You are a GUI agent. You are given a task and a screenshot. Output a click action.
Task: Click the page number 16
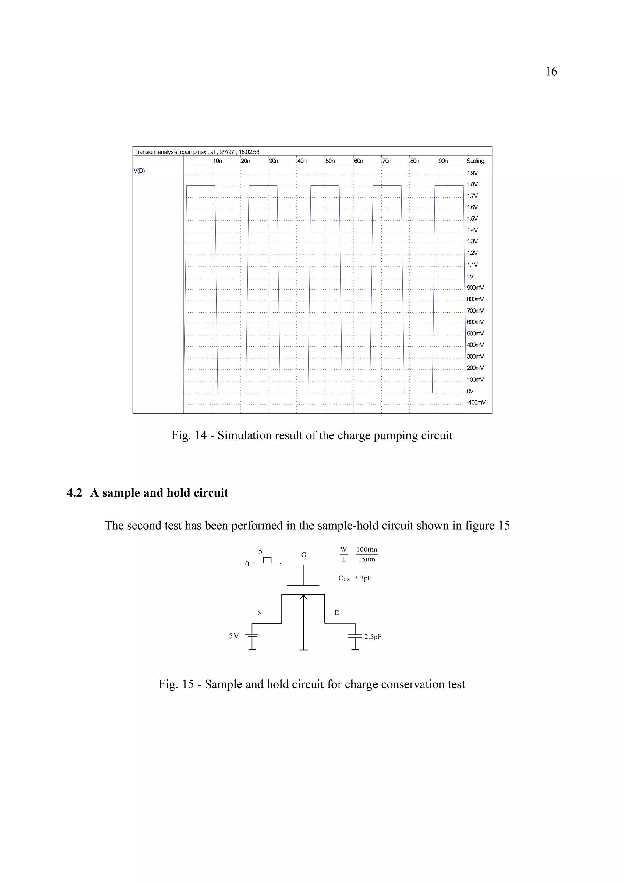(551, 72)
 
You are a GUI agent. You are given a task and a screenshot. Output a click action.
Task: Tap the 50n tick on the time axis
(330, 161)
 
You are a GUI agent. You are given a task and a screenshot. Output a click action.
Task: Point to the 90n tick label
(443, 161)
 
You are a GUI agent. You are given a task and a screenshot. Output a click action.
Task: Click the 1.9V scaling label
(472, 173)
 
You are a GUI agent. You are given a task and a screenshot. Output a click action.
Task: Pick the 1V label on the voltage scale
(470, 276)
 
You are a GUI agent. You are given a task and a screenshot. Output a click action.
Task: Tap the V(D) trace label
(139, 171)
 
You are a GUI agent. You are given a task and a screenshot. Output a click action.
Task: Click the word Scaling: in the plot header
(476, 161)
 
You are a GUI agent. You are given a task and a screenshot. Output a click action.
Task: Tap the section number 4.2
(74, 493)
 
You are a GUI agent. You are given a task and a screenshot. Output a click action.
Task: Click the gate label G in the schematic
(303, 555)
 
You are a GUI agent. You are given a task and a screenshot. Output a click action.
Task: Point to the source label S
(260, 613)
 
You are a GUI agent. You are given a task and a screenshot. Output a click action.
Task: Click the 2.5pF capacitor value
(373, 637)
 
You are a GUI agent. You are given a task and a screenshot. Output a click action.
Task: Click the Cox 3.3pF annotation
(354, 578)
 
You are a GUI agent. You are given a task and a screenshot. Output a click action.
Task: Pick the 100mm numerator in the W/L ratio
(367, 550)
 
